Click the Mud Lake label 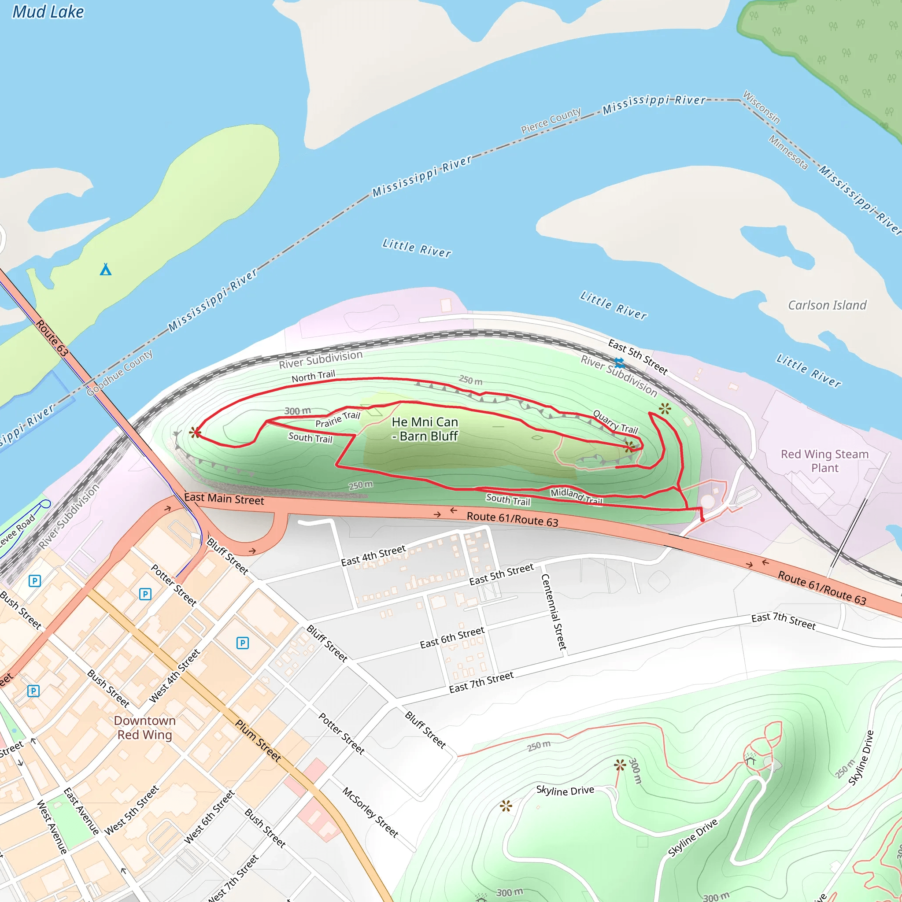[x=48, y=12]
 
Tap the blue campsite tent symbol [x=106, y=270]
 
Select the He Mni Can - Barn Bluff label [x=425, y=429]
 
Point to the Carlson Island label [x=827, y=305]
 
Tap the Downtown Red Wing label [x=145, y=728]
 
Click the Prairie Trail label [x=337, y=419]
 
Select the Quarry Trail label [x=615, y=421]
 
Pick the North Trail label [x=313, y=376]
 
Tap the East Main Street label [x=224, y=499]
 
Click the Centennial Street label [x=554, y=612]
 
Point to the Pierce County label [x=551, y=120]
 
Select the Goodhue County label [x=120, y=372]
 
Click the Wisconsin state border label [x=761, y=107]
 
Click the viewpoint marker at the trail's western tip [x=195, y=433]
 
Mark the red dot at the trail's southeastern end [x=702, y=519]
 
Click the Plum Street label [x=258, y=740]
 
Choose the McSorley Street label [x=370, y=812]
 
